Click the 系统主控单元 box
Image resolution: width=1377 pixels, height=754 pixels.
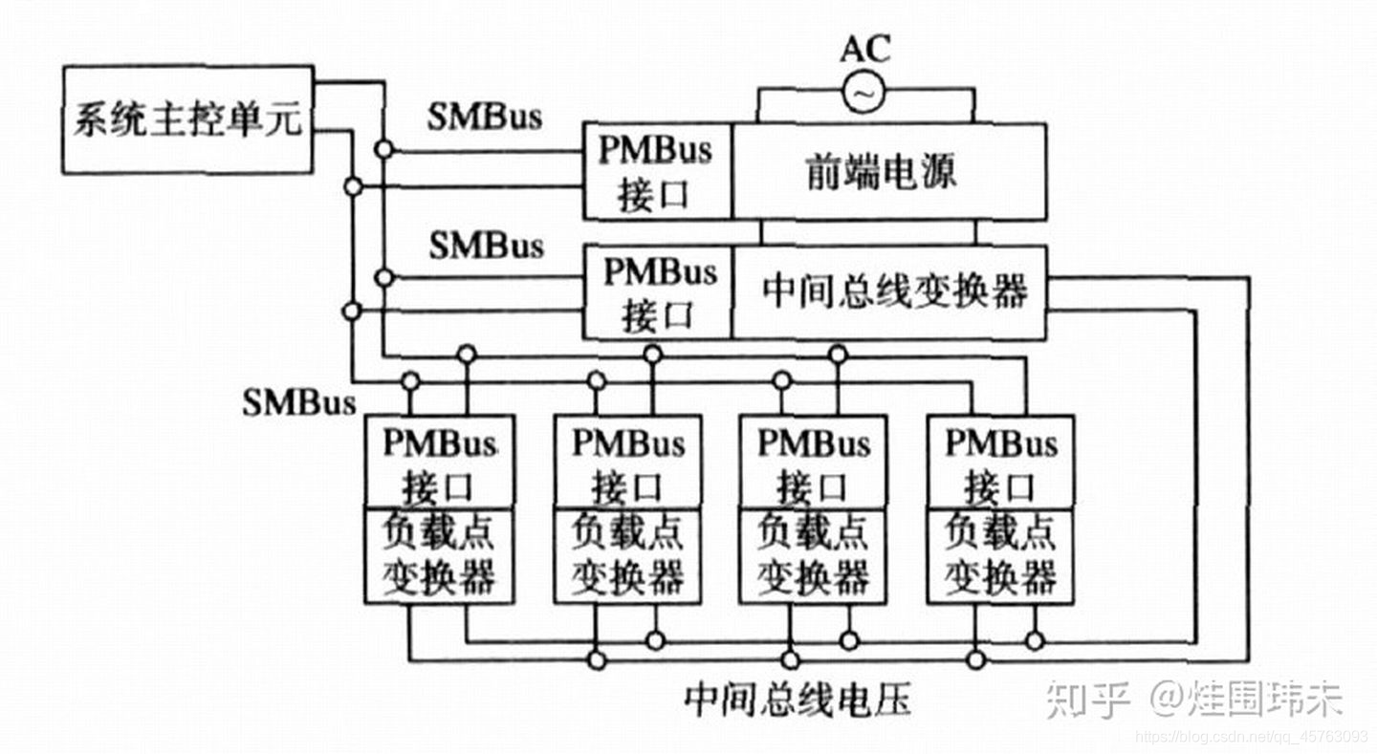(x=188, y=119)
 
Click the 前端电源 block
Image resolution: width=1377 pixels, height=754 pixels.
(x=888, y=172)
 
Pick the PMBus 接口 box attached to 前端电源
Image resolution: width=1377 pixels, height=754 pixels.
(x=657, y=172)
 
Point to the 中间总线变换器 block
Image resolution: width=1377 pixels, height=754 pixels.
(x=888, y=292)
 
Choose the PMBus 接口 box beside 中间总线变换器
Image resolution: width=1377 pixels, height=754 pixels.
(x=657, y=292)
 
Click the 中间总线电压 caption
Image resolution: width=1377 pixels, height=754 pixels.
(x=798, y=700)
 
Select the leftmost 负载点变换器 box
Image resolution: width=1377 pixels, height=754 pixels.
(x=439, y=555)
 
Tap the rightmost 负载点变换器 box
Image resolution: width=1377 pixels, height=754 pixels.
(x=1000, y=555)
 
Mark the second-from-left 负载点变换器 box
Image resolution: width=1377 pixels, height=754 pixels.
(x=627, y=555)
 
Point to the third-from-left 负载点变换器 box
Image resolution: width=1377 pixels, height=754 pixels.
(x=813, y=555)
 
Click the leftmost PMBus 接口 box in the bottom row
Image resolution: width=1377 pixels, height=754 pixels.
(x=439, y=463)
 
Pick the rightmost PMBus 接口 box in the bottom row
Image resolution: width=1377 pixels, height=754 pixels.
(x=1000, y=463)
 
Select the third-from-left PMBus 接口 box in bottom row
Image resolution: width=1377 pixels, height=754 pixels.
(x=813, y=463)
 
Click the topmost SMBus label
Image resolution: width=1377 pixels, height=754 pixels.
(x=484, y=117)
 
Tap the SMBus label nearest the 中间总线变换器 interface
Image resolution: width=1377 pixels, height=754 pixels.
(x=486, y=246)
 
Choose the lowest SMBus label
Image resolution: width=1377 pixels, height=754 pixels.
(x=298, y=401)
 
